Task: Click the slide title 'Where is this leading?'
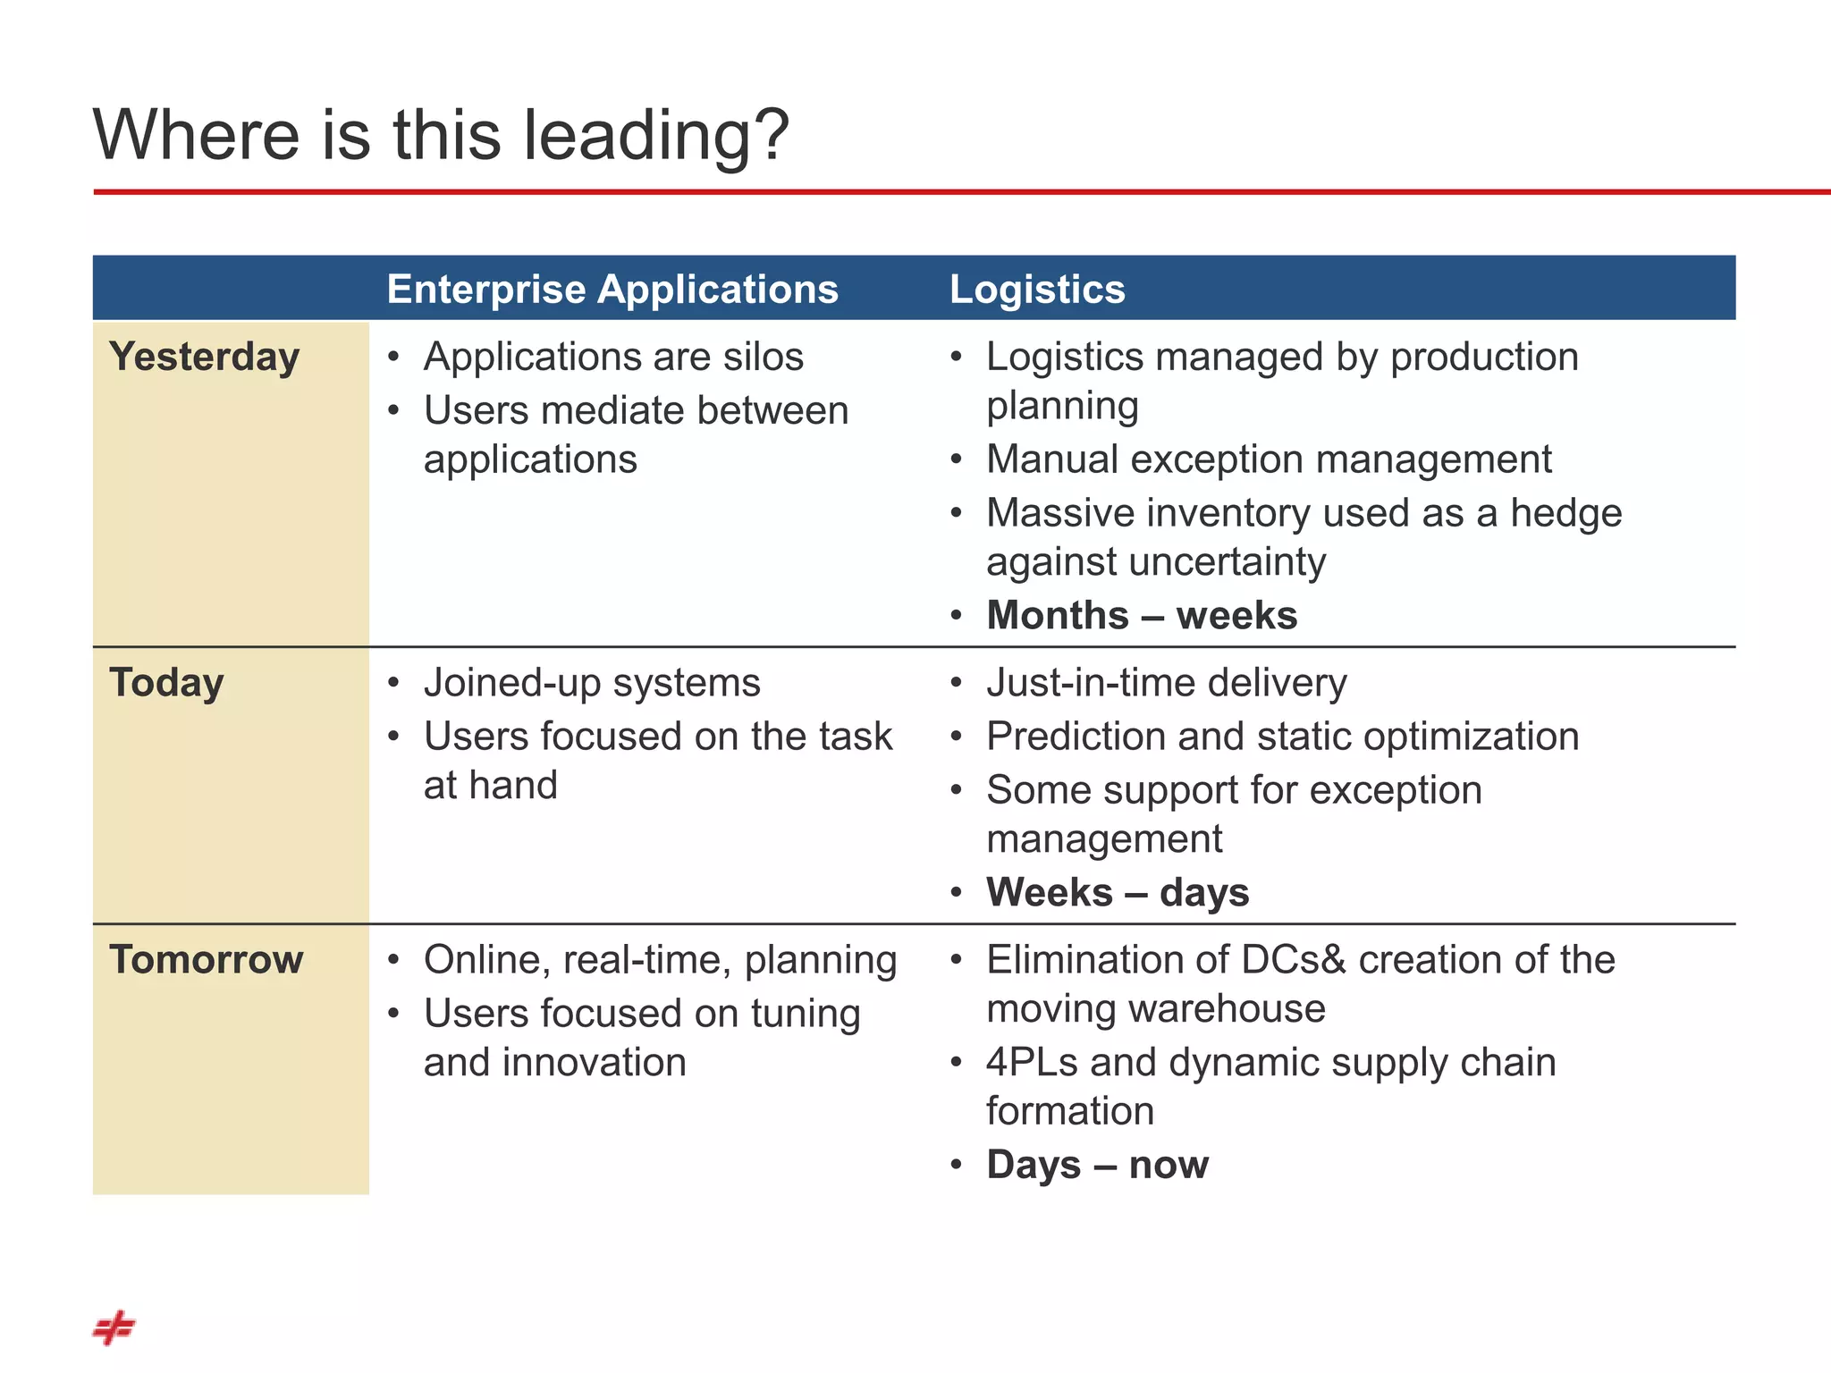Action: (x=441, y=135)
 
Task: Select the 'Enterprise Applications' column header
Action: (x=612, y=290)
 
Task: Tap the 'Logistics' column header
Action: (x=1036, y=290)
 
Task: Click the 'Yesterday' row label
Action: (x=204, y=357)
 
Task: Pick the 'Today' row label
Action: (x=166, y=683)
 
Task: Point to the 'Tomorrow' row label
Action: (x=207, y=960)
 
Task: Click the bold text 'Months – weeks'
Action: (x=1141, y=616)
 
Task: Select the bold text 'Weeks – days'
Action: (x=1117, y=893)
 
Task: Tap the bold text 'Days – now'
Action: (x=1097, y=1166)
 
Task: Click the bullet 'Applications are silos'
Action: (x=613, y=358)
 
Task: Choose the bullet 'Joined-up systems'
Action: (x=592, y=684)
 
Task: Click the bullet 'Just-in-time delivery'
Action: (x=1166, y=684)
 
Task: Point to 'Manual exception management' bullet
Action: (x=1269, y=460)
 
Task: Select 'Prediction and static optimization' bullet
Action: (x=1282, y=737)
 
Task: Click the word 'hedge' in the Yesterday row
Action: (x=1565, y=514)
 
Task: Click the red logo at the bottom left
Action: (x=114, y=1327)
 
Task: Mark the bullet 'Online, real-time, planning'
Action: (x=660, y=961)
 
